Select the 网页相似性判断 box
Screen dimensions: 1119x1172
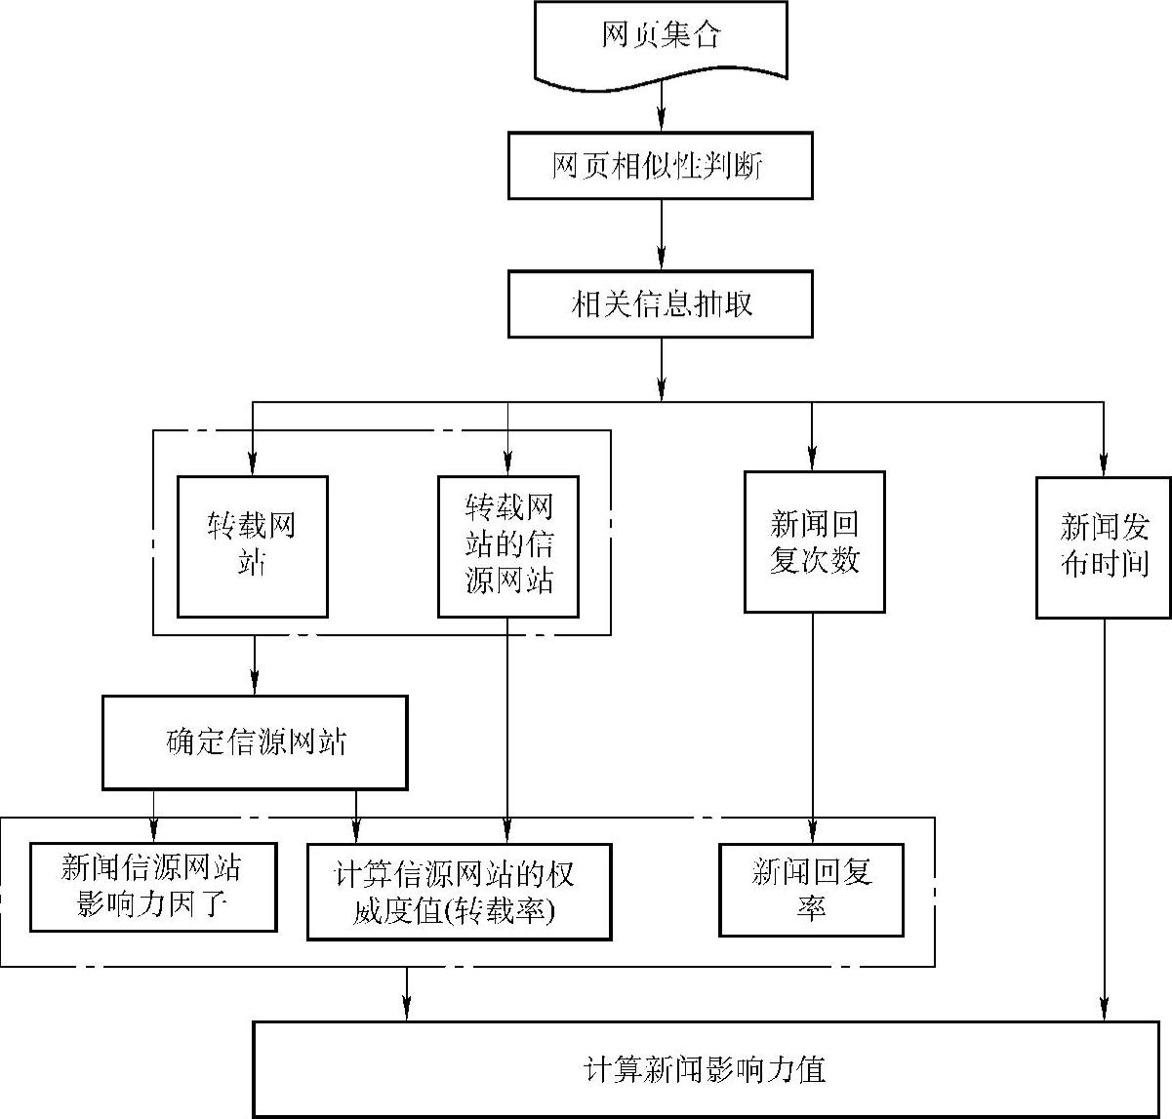pyautogui.click(x=660, y=166)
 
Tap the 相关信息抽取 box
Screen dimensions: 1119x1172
pyautogui.click(x=660, y=304)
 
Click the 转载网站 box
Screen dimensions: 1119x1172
pyautogui.click(x=252, y=546)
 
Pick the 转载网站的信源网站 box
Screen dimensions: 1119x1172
pyautogui.click(x=508, y=546)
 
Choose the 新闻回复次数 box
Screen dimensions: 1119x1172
pyautogui.click(x=814, y=542)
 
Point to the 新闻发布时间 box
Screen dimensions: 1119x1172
pyautogui.click(x=1104, y=547)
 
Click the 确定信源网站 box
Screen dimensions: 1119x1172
pyautogui.click(x=255, y=742)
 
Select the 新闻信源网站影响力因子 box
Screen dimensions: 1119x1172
pyautogui.click(x=153, y=887)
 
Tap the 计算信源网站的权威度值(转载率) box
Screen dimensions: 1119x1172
pyautogui.click(x=459, y=892)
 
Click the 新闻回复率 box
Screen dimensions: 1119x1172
pyautogui.click(x=811, y=889)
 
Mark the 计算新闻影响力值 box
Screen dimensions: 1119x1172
pyautogui.click(x=705, y=1069)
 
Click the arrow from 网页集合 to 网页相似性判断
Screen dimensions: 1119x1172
pyautogui.click(x=662, y=105)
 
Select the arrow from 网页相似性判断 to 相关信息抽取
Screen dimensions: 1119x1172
pyautogui.click(x=662, y=235)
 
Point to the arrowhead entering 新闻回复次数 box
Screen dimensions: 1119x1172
pyautogui.click(x=812, y=461)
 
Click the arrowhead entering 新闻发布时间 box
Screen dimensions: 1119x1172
pyautogui.click(x=1104, y=466)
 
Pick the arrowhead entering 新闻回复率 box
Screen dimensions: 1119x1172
pyautogui.click(x=812, y=832)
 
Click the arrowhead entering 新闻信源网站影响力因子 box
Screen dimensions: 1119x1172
pyautogui.click(x=153, y=832)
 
